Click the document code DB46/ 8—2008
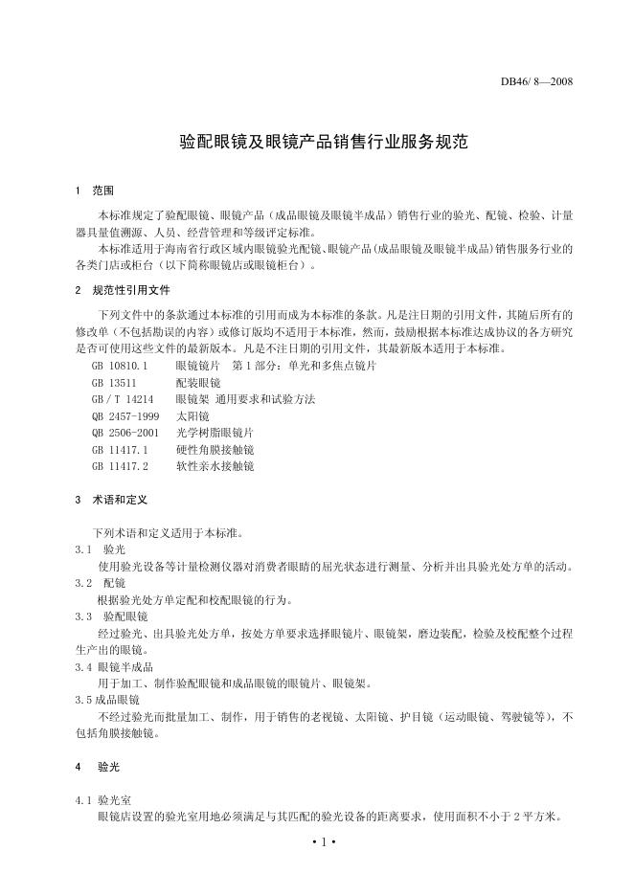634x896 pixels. [x=536, y=80]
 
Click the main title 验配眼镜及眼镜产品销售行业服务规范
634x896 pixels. [x=324, y=143]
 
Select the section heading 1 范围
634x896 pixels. [x=95, y=190]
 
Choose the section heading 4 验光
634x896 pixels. [x=100, y=767]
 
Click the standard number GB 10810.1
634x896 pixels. [x=120, y=366]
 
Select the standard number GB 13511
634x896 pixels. [x=112, y=382]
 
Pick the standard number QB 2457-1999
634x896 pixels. [x=125, y=415]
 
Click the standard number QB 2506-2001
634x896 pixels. [x=125, y=433]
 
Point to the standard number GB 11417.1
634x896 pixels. [x=120, y=449]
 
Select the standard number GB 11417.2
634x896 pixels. [x=120, y=466]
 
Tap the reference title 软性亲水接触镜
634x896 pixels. [x=215, y=466]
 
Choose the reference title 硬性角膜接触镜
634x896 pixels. [x=215, y=449]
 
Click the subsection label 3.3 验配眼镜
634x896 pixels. [x=112, y=616]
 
